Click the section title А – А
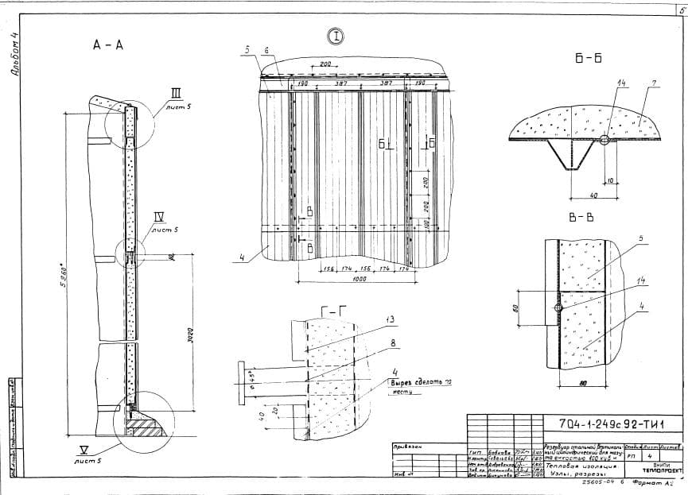[108, 45]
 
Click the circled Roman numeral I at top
[336, 36]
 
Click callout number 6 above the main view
[267, 50]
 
